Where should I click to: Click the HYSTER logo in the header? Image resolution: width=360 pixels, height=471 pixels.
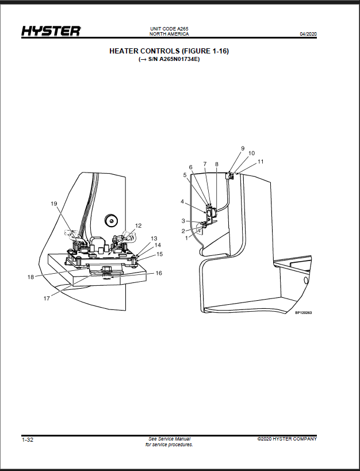[x=51, y=31]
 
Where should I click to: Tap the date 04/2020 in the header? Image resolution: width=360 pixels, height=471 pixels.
[x=308, y=34]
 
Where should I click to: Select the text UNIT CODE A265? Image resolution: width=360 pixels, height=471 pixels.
[x=169, y=29]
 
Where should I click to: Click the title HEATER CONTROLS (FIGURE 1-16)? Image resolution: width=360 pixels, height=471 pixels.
[x=169, y=51]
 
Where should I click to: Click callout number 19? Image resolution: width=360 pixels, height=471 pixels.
[x=54, y=204]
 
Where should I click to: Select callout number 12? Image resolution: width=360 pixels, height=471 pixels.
[x=138, y=225]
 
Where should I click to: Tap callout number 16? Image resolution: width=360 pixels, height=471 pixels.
[x=158, y=273]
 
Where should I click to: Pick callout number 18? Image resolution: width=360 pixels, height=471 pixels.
[x=30, y=277]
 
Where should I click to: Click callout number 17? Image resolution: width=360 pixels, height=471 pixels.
[x=47, y=298]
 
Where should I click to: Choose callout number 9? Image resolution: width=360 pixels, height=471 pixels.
[x=243, y=148]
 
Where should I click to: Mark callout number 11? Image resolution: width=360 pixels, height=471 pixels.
[x=261, y=162]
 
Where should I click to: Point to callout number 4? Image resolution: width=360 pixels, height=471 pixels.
[x=182, y=201]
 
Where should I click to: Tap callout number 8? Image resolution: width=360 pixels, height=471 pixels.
[x=217, y=164]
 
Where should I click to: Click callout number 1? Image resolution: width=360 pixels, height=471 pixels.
[x=186, y=238]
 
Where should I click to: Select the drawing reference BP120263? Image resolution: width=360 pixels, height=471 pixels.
[x=304, y=313]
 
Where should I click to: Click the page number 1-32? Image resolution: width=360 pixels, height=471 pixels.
[x=28, y=440]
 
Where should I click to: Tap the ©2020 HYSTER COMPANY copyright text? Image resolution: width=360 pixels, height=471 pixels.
[x=287, y=439]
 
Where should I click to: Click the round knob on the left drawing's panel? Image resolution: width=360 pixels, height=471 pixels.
[x=111, y=221]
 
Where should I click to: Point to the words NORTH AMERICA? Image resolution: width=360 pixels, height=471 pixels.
[x=169, y=34]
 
